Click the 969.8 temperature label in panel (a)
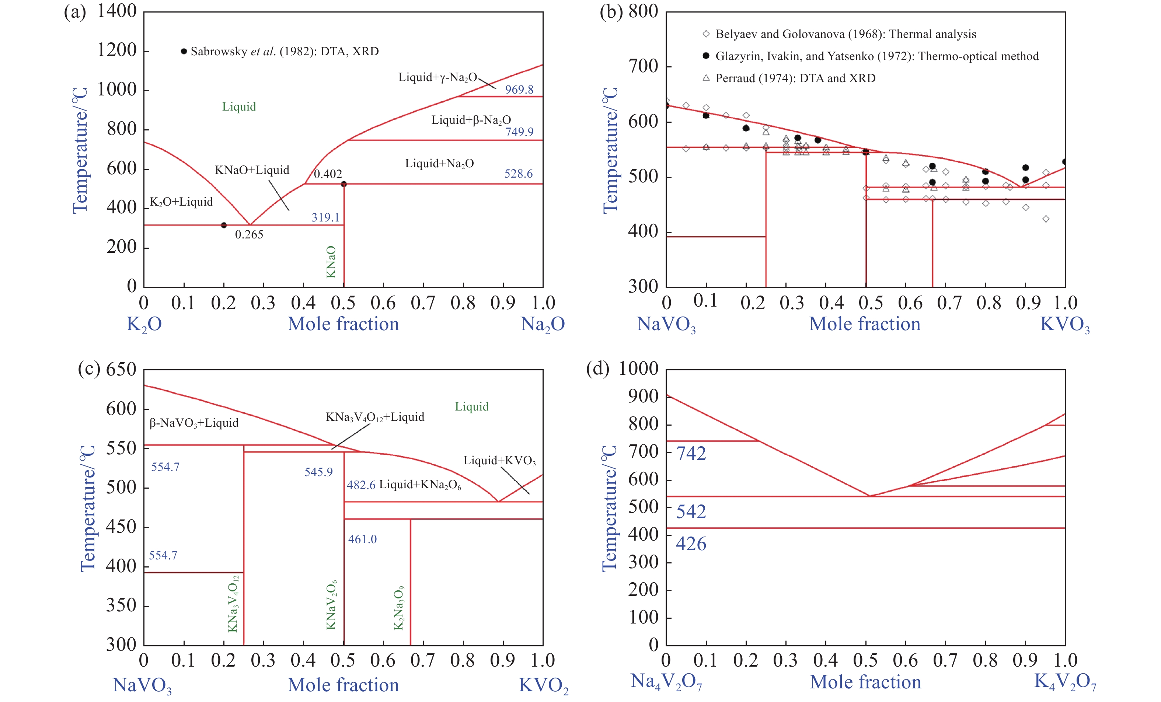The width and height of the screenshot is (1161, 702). coord(519,90)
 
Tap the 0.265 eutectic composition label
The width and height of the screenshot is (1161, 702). coord(249,234)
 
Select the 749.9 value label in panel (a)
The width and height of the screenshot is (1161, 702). coord(519,132)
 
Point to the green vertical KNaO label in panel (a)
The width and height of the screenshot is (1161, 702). coord(331,262)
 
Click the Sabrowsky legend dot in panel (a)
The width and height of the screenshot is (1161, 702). coord(184,51)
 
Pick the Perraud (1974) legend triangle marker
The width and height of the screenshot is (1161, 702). coord(706,78)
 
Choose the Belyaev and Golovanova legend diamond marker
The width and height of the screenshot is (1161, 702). coord(706,34)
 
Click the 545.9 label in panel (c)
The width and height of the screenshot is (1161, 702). coord(318,472)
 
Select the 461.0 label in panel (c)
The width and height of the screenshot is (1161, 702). coord(362,539)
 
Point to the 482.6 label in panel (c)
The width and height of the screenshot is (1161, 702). coord(361,485)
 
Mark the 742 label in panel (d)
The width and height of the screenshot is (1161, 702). coord(691,453)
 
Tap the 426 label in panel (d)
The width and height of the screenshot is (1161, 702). coord(691,544)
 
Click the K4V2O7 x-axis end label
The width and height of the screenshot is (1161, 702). coord(1065,682)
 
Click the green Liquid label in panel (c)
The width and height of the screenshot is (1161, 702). coord(472,406)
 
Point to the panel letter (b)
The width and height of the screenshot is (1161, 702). coord(611,11)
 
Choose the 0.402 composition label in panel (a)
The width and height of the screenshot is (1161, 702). coord(328,174)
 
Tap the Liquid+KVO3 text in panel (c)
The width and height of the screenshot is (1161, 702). coord(499,460)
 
